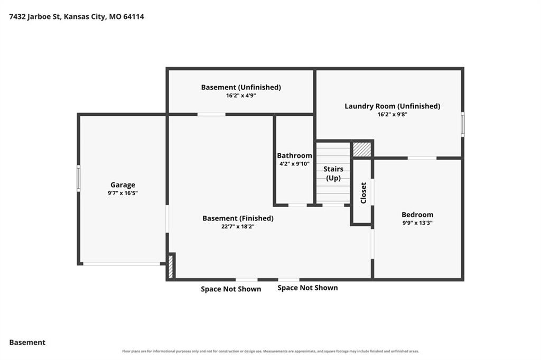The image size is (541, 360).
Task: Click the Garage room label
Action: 123,185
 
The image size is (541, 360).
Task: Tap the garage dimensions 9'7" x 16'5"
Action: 123,193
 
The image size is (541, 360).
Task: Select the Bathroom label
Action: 294,155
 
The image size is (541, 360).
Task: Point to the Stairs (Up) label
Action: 333,173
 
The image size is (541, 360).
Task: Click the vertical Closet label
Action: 363,193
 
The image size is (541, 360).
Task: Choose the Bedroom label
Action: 417,215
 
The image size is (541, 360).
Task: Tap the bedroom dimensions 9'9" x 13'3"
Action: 417,223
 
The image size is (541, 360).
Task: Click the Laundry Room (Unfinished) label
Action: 393,106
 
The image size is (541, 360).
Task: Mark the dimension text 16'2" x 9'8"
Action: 393,115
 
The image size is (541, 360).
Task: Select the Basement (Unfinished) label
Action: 241,87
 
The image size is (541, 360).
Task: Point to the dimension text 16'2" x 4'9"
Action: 241,96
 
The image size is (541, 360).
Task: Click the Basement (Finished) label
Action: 238,218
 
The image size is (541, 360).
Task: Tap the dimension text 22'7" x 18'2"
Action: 238,227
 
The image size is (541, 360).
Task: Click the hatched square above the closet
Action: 362,150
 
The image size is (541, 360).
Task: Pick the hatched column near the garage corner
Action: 171,266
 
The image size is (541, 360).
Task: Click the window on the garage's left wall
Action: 79,178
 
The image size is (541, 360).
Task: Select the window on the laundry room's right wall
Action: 463,124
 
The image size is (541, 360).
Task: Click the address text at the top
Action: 77,16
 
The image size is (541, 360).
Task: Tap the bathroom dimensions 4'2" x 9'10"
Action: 294,164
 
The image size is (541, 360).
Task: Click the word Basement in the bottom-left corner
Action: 27,343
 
